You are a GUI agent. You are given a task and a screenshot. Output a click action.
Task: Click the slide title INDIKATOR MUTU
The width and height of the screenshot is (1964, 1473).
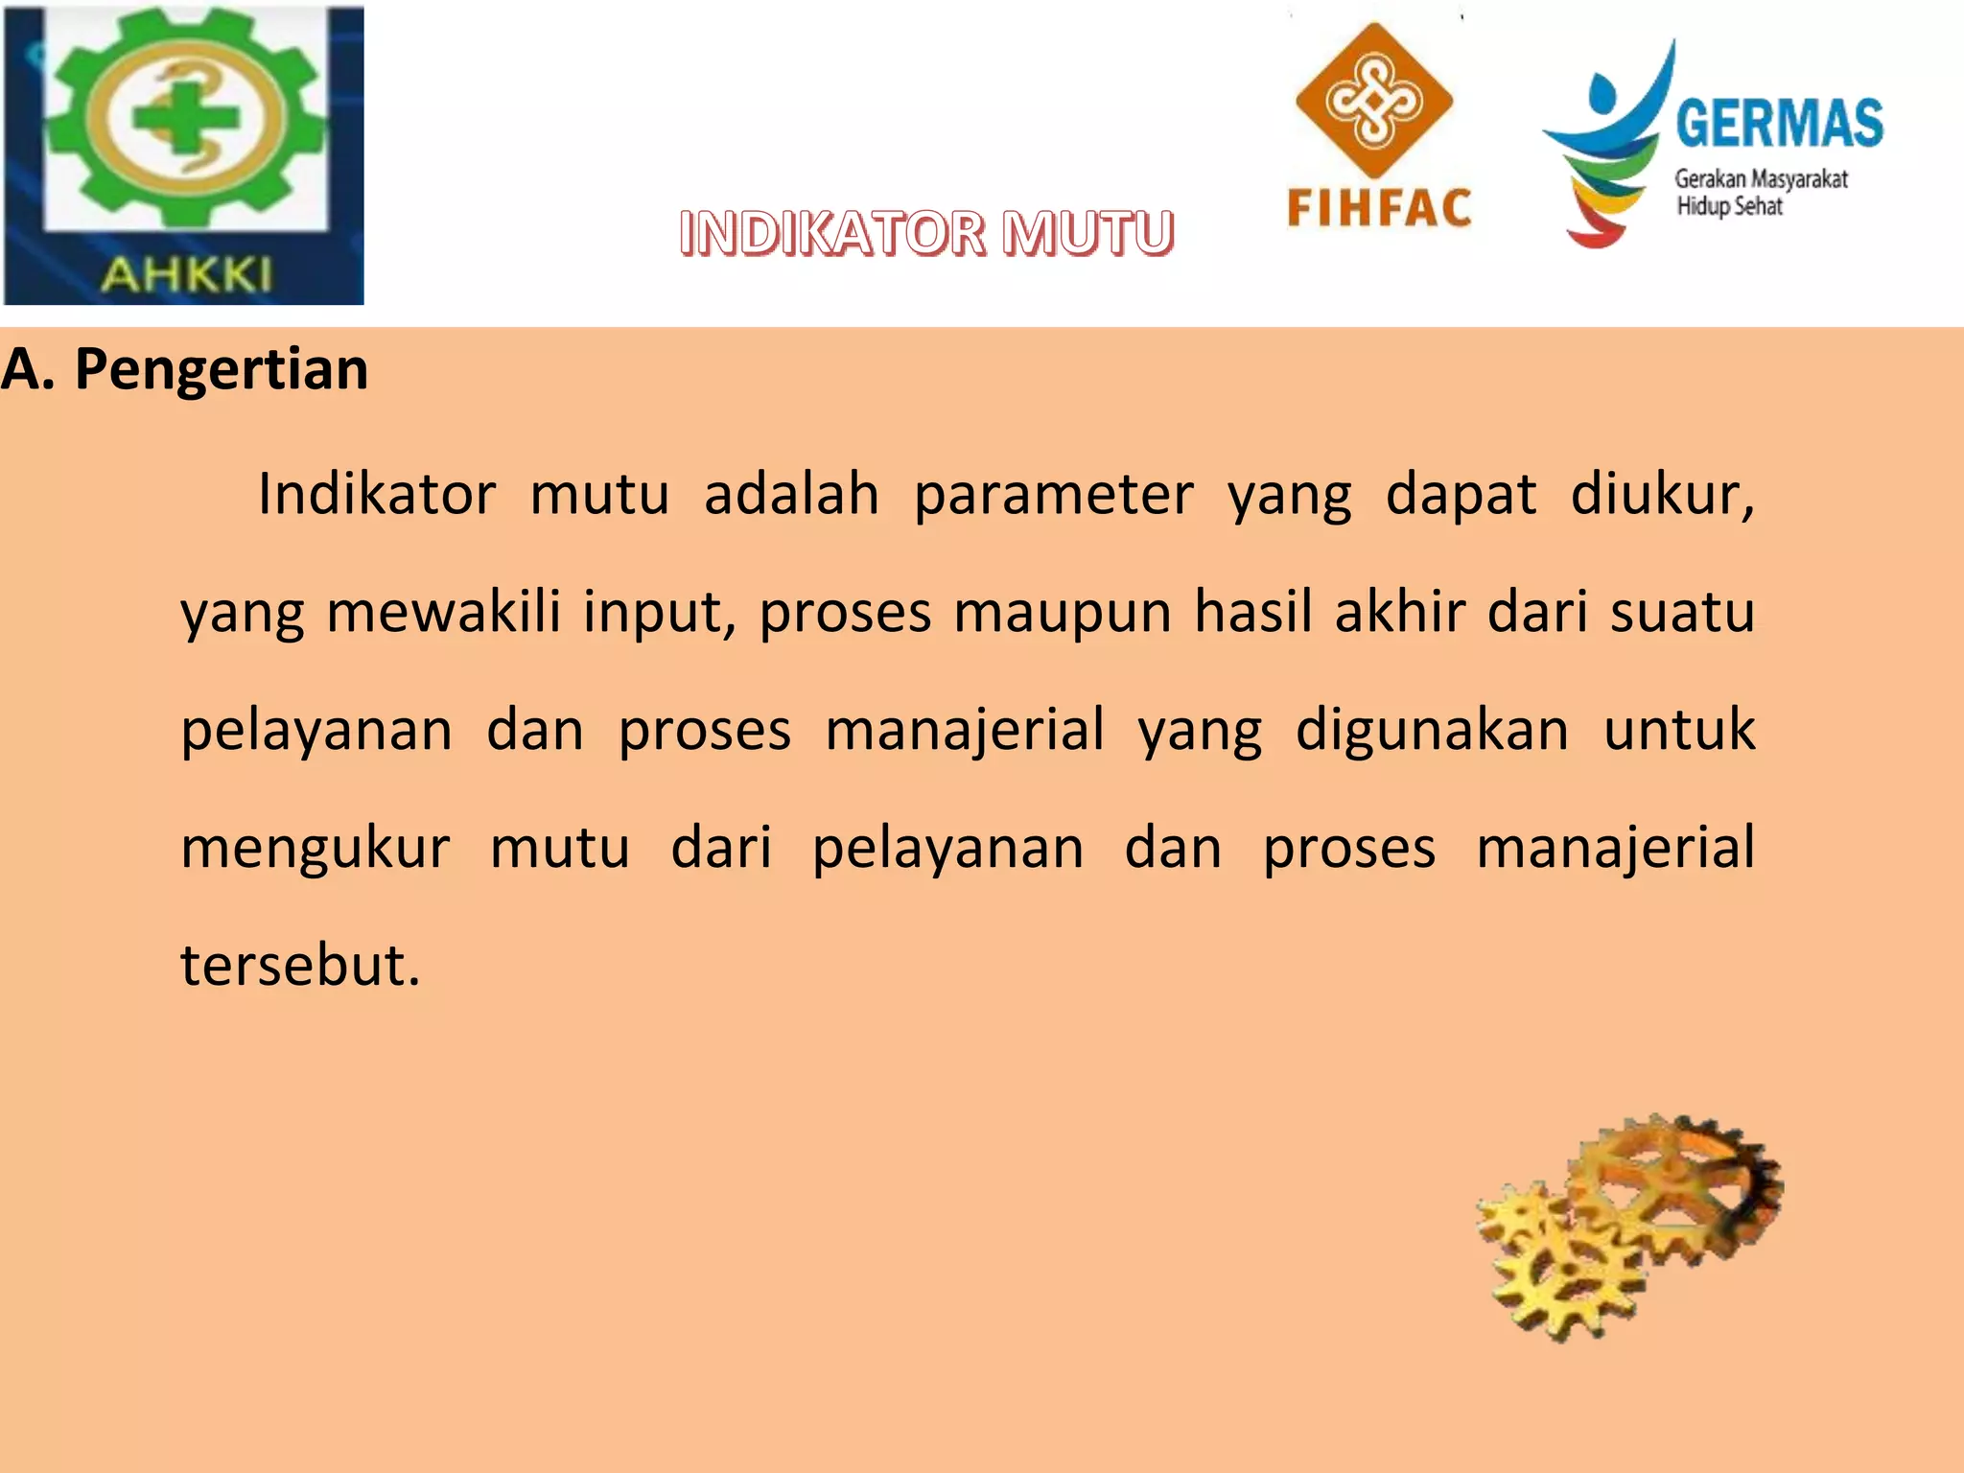pyautogui.click(x=926, y=233)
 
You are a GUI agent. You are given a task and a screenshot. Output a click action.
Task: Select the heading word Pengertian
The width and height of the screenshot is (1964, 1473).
pyautogui.click(x=222, y=369)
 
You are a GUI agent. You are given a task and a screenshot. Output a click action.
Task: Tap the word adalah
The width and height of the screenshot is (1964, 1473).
pyautogui.click(x=791, y=495)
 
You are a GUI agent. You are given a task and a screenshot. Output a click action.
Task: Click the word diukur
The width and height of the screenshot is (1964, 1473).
pyautogui.click(x=1661, y=495)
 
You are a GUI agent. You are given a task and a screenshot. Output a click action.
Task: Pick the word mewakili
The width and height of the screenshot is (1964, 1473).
pyautogui.click(x=443, y=612)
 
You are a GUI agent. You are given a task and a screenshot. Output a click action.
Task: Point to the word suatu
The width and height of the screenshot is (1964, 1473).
pyautogui.click(x=1682, y=612)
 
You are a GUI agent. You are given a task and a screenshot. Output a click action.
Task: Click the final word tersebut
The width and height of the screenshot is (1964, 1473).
pyautogui.click(x=300, y=965)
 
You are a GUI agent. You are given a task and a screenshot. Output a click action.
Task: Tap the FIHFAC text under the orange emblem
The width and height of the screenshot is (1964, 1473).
pyautogui.click(x=1379, y=209)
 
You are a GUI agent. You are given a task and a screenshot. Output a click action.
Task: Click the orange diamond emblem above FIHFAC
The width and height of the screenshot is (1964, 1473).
pyautogui.click(x=1373, y=102)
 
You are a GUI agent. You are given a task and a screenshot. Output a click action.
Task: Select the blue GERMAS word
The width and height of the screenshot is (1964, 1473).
pyautogui.click(x=1779, y=124)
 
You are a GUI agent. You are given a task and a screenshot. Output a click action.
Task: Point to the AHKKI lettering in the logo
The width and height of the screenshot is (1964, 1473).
pyautogui.click(x=186, y=275)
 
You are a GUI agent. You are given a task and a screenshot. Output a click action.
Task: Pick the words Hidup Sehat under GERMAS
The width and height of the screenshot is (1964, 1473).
pyautogui.click(x=1729, y=206)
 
